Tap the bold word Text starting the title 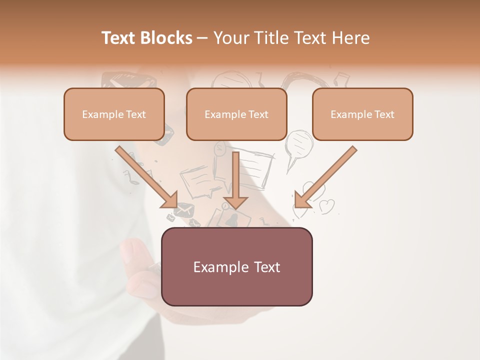120,38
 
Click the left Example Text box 114,114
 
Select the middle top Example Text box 236,114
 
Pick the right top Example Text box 362,114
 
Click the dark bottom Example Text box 236,266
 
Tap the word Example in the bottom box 216,267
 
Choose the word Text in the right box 383,114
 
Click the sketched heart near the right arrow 327,205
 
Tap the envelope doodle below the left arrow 183,211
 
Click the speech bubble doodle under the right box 299,145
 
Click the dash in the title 202,38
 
